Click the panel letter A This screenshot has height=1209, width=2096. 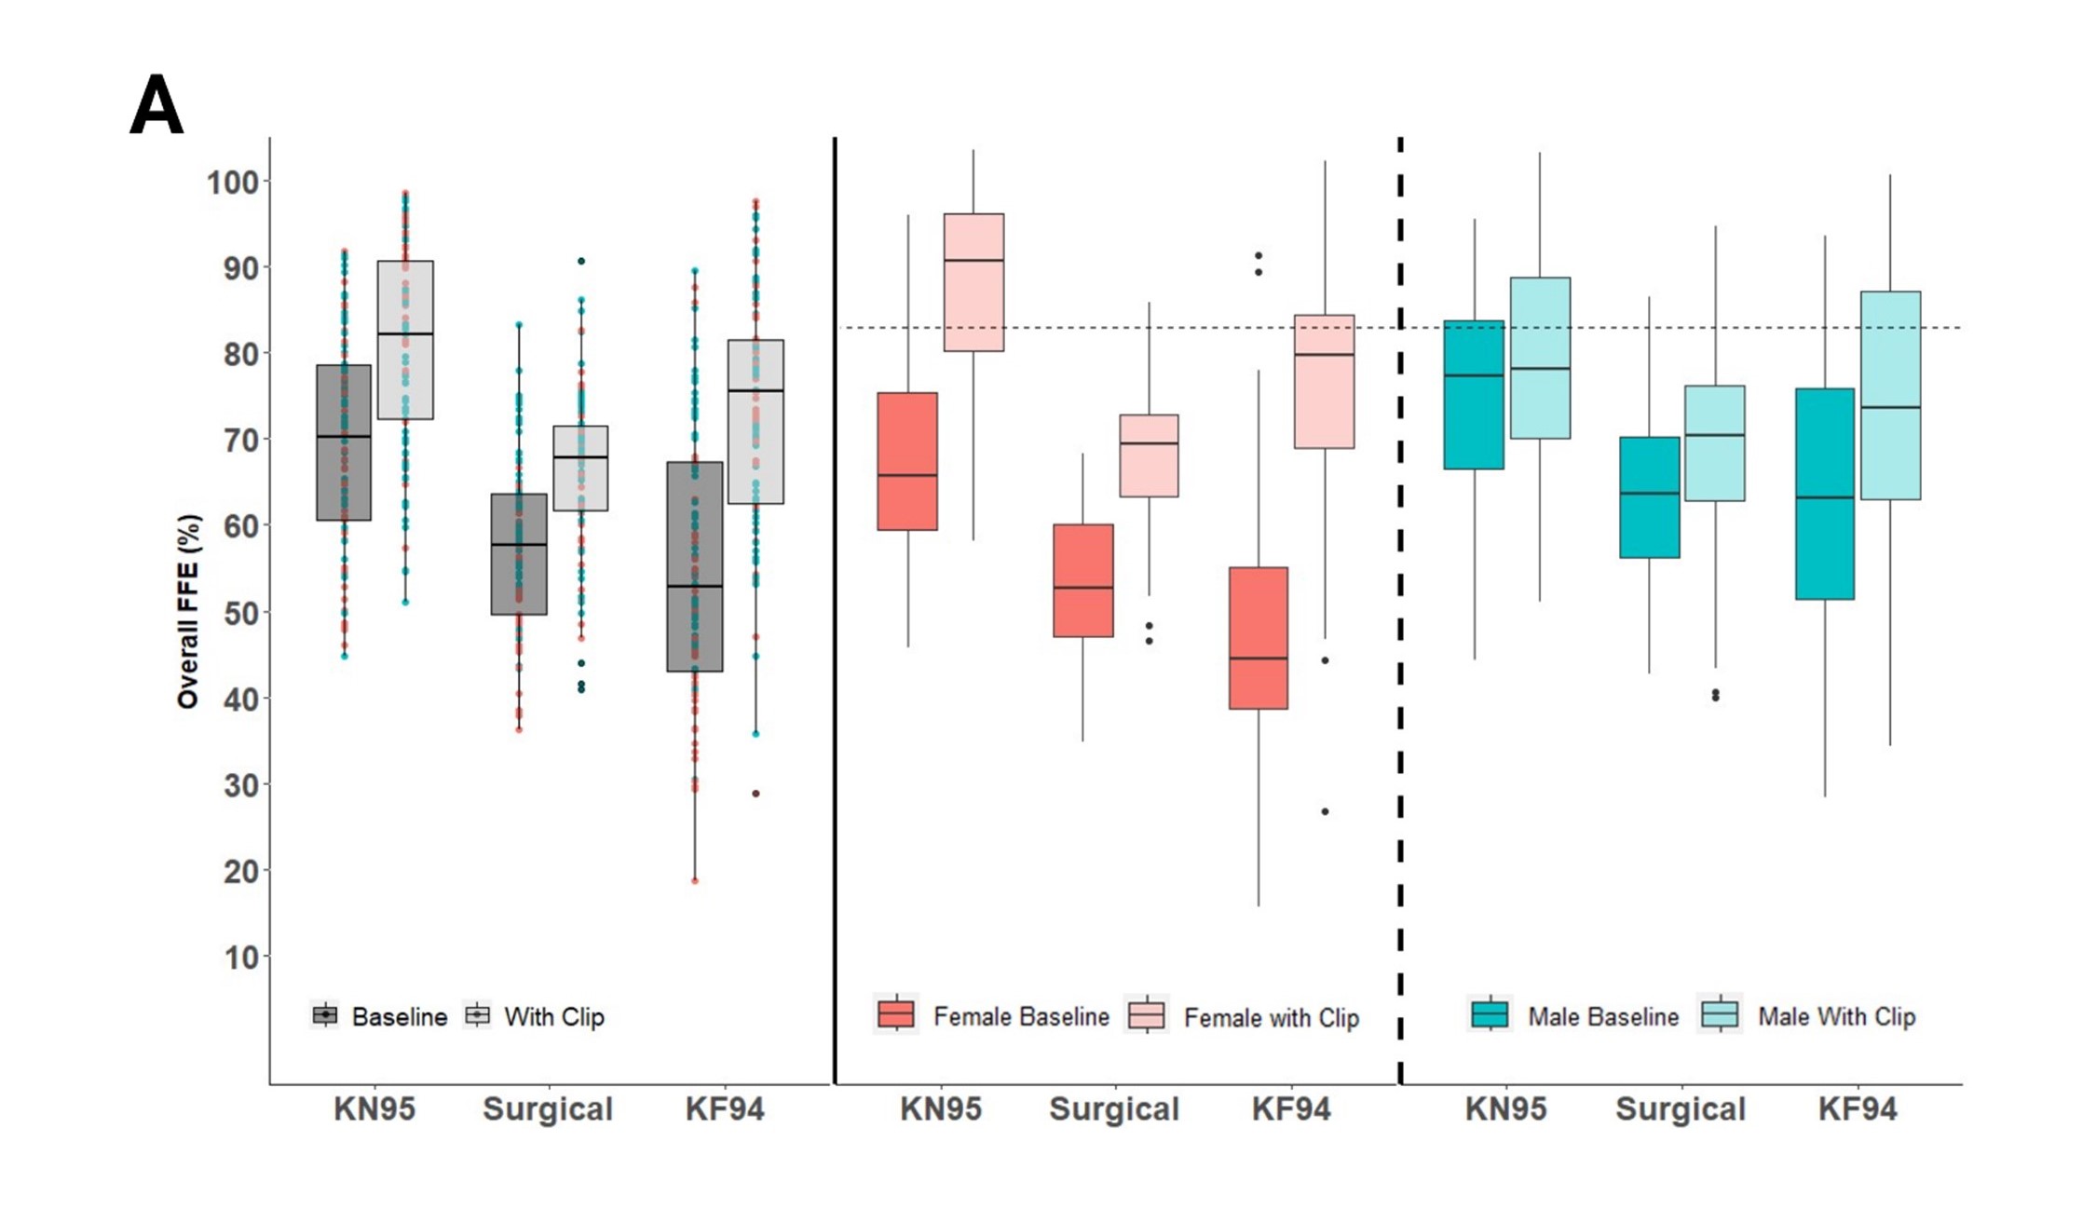pos(157,105)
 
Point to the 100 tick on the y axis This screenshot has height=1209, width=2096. pos(233,182)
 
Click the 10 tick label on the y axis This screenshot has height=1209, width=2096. pos(240,958)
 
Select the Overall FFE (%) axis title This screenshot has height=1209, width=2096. pos(188,611)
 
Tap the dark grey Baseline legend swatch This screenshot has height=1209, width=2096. pos(325,1015)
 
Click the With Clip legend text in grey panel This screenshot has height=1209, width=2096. pos(554,1016)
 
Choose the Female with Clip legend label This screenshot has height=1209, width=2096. pos(1271,1017)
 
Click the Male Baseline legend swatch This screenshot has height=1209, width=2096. pos(1490,1014)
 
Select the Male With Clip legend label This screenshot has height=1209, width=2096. pos(1836,1016)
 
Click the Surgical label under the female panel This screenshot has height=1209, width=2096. pos(1114,1108)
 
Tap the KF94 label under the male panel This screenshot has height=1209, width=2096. pos(1858,1108)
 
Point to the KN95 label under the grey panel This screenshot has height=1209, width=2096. pos(374,1108)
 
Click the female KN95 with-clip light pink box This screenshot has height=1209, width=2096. pos(973,282)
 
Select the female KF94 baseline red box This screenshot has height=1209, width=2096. pos(1259,638)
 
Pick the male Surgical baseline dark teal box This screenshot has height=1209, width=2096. pos(1650,497)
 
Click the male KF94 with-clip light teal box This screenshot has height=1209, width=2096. pos(1890,395)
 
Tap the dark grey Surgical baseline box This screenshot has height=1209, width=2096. pos(519,554)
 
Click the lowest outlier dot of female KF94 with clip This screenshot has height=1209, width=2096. pos(1325,811)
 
